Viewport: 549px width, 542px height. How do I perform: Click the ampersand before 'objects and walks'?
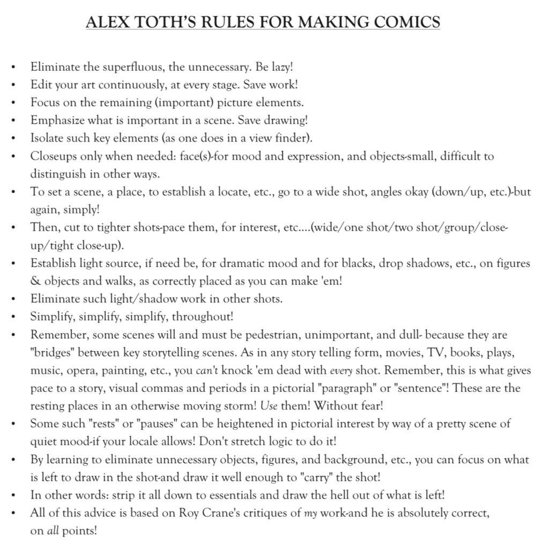(35, 281)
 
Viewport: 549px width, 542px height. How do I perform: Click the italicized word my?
(311, 513)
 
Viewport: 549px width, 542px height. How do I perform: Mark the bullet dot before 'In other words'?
(13, 495)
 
